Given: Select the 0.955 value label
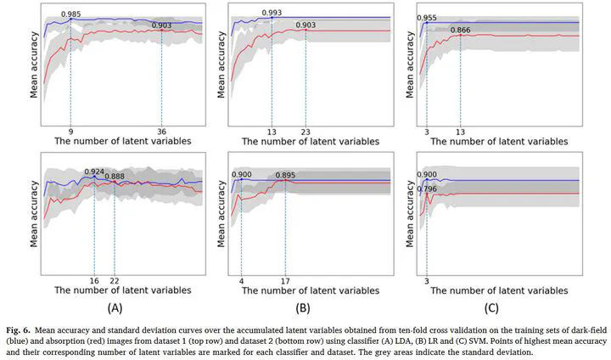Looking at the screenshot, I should pyautogui.click(x=428, y=17).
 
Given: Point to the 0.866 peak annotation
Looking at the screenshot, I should pyautogui.click(x=461, y=31).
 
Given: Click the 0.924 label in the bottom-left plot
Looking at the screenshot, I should pyautogui.click(x=94, y=172).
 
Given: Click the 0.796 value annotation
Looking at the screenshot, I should pyautogui.click(x=429, y=188).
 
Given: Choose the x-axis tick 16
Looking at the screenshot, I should pyautogui.click(x=94, y=279).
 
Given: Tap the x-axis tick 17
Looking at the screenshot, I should pyautogui.click(x=285, y=279).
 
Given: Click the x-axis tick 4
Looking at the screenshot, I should pyautogui.click(x=242, y=279).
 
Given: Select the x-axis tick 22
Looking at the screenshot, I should pyautogui.click(x=115, y=279).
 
